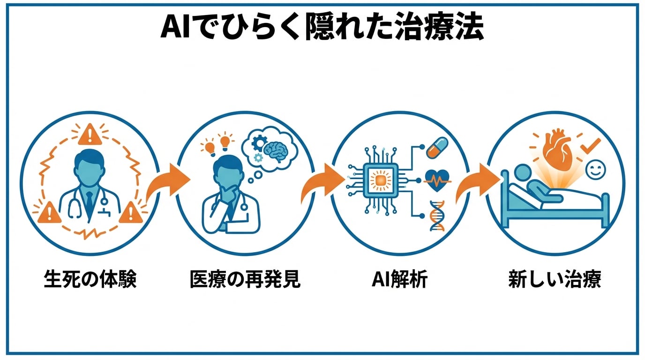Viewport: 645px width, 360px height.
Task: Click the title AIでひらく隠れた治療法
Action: [322, 29]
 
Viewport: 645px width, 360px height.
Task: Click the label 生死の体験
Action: [90, 280]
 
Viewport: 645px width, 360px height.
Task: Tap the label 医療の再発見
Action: [245, 280]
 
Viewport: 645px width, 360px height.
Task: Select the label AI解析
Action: [399, 280]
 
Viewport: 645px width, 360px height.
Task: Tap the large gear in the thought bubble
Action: [258, 142]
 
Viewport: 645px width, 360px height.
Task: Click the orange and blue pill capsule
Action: [437, 147]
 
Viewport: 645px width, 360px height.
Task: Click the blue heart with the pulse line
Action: [436, 180]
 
